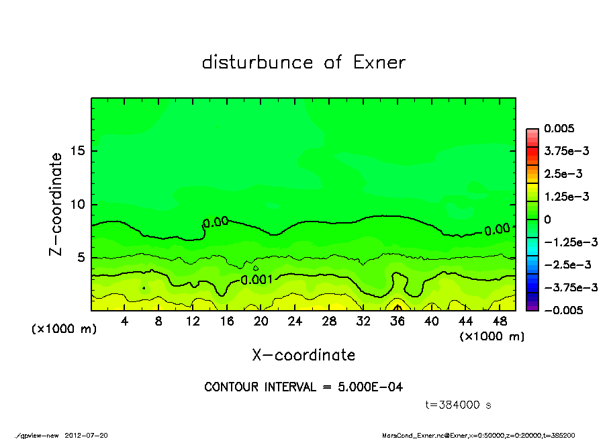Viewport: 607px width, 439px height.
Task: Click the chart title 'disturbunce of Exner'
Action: click(x=303, y=63)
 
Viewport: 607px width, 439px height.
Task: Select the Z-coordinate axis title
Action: click(x=56, y=204)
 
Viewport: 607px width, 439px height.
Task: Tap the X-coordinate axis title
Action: click(x=303, y=355)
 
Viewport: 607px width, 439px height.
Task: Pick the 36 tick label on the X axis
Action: click(x=398, y=322)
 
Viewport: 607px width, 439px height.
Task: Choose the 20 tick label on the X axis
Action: click(x=261, y=322)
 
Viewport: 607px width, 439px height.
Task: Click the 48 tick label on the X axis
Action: click(x=500, y=322)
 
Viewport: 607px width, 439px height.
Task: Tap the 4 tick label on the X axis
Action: click(x=125, y=322)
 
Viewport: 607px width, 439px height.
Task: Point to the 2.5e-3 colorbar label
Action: click(x=563, y=174)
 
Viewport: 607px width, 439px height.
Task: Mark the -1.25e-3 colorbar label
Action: click(x=567, y=242)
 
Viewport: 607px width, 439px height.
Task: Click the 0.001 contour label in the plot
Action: click(x=256, y=279)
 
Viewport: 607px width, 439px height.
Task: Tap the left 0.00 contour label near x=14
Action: click(x=216, y=222)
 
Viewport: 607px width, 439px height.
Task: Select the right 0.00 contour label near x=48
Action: click(x=497, y=230)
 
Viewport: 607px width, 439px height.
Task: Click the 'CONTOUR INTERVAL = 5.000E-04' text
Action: click(x=303, y=387)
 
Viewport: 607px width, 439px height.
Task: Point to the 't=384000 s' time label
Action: click(x=460, y=405)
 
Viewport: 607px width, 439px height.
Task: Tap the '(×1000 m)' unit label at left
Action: click(x=63, y=330)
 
